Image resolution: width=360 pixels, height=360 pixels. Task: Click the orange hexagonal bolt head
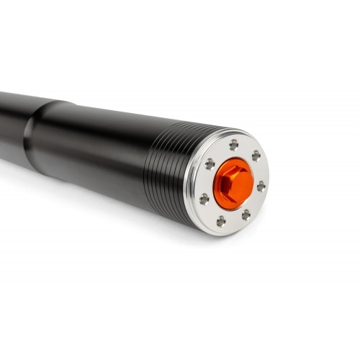[232, 180]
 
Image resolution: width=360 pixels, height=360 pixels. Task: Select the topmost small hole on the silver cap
[233, 145]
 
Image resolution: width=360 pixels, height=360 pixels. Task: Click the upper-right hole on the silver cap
[256, 156]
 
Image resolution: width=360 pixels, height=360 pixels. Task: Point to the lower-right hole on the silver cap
[246, 214]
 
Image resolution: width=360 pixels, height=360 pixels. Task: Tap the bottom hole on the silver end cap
[221, 221]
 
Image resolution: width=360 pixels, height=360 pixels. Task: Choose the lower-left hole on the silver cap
[204, 198]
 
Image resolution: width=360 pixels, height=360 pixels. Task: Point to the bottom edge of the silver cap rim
[216, 233]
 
